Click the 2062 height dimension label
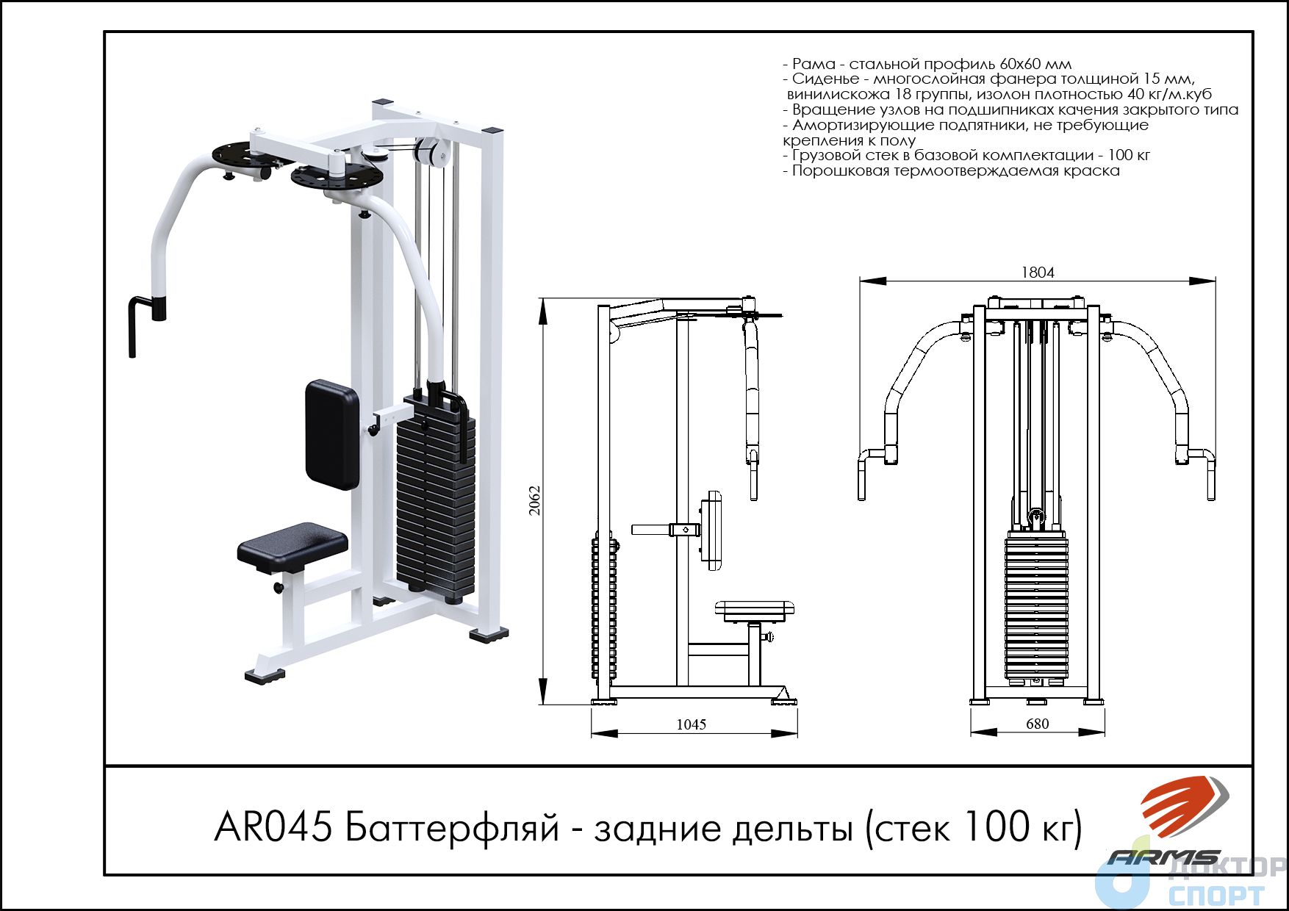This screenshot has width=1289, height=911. coord(536,500)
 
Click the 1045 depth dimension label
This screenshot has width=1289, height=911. coord(691,724)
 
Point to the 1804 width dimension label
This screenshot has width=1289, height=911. coord(1038,272)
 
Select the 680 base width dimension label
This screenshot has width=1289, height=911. coord(1037,724)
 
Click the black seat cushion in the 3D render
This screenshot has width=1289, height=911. coord(292,548)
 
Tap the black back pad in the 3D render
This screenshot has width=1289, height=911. coord(332,434)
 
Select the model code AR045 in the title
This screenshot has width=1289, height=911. coord(271,827)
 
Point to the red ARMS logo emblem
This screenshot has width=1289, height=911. coord(1183,807)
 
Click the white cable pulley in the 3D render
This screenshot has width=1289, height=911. coord(427,152)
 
